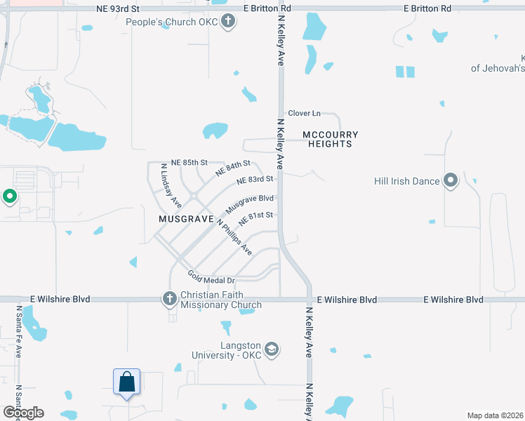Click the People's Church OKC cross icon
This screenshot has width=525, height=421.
(227, 22)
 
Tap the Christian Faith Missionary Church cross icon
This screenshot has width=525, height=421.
(169, 300)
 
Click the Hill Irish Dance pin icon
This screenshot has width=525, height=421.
(451, 181)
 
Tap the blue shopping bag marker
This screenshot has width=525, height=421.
(127, 382)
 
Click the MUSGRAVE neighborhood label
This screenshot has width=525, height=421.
(186, 219)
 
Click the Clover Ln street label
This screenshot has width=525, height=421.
(304, 113)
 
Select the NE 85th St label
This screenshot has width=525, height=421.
(185, 162)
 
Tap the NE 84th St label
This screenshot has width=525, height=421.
(233, 168)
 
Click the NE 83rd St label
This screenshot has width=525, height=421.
(255, 180)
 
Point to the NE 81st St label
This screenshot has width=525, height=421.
(255, 218)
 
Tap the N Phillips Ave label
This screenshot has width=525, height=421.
(234, 237)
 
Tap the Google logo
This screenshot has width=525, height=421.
(23, 413)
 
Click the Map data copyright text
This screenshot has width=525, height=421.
(495, 415)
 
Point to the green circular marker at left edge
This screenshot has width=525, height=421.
(10, 197)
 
